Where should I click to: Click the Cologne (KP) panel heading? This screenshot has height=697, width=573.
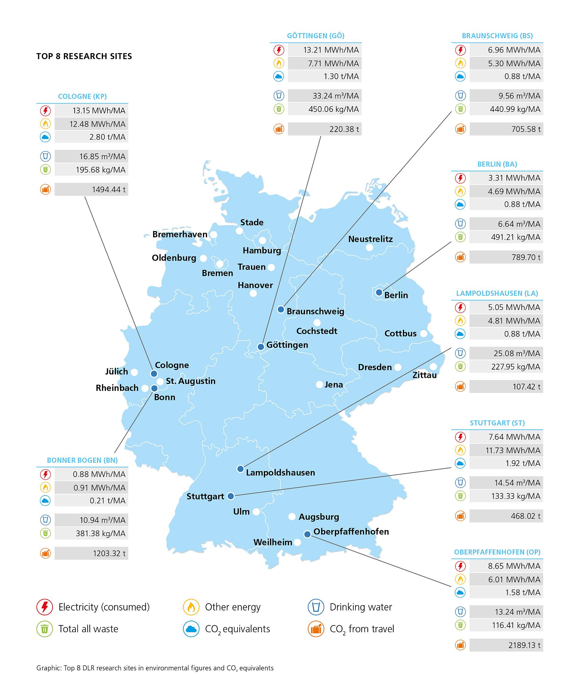tap(82, 96)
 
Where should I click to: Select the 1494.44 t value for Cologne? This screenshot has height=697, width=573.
tap(109, 190)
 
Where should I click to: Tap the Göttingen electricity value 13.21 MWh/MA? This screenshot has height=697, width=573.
tap(331, 50)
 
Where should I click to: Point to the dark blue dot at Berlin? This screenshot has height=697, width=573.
tap(379, 292)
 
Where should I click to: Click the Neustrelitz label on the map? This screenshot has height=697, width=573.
tap(370, 239)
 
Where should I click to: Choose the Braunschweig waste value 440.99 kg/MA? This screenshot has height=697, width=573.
tap(515, 109)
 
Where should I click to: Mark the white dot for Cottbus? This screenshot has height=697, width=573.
tap(424, 333)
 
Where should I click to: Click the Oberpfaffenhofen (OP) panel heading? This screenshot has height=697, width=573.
tap(497, 552)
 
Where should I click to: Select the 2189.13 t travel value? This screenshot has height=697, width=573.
tap(524, 645)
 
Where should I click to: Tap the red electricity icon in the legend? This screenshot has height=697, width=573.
tap(44, 607)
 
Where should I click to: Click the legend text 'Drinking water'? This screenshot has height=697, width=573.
tap(361, 607)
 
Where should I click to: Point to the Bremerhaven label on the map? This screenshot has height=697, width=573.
tap(180, 234)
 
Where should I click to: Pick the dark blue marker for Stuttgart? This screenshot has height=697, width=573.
tap(231, 496)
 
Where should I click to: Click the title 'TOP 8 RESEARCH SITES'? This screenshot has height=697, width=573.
tap(84, 56)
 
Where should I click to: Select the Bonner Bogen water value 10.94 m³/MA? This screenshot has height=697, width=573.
tap(102, 520)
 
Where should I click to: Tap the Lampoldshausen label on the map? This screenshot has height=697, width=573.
tap(280, 473)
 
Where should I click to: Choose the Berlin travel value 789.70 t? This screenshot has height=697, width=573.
tap(526, 257)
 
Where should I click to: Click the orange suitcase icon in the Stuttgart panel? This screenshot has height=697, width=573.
tap(460, 516)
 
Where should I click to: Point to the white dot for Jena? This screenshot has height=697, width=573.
tap(319, 384)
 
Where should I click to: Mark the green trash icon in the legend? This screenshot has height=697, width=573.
tap(44, 629)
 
